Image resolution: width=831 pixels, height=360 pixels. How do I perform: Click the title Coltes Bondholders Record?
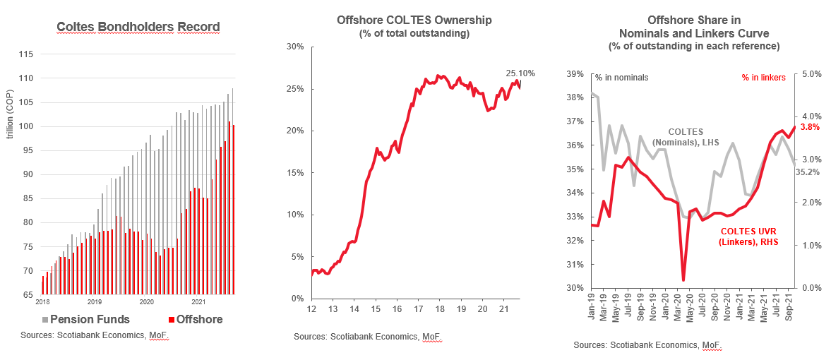click(138, 28)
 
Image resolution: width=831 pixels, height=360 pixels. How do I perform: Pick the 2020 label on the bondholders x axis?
click(146, 302)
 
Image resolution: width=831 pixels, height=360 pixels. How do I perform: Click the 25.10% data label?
click(520, 73)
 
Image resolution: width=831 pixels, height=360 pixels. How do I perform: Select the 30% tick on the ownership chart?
click(294, 47)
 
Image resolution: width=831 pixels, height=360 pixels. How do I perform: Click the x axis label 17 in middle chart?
click(418, 310)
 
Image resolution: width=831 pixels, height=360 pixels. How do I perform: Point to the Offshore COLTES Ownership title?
click(414, 20)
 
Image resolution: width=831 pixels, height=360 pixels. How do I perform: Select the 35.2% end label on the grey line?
click(808, 171)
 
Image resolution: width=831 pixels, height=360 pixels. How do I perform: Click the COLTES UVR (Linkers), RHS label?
click(748, 237)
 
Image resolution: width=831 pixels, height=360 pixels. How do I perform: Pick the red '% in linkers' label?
click(763, 78)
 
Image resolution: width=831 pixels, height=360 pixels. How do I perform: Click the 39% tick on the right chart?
click(575, 74)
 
